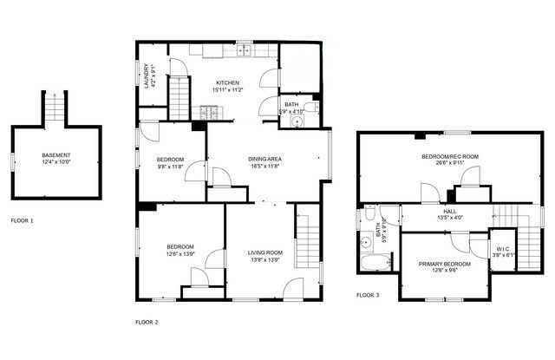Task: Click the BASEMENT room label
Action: point(56,156)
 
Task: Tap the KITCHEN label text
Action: point(228,82)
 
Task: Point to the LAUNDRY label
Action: point(145,76)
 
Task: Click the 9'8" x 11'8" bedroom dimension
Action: point(170,167)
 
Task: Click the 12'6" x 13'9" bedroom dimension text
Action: point(180,253)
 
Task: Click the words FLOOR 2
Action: point(147,322)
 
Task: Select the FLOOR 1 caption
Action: point(22,220)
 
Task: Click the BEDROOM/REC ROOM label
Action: point(449,156)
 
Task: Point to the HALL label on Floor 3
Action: point(450,211)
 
